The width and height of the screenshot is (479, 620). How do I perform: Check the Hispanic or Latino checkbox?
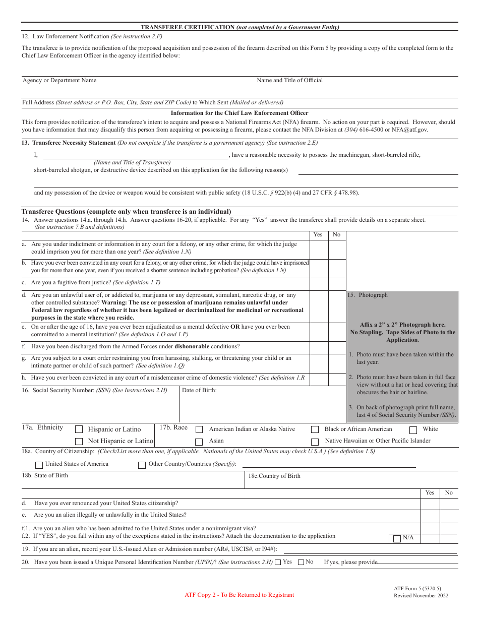79,429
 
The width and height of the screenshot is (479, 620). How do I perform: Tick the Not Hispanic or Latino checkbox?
79,441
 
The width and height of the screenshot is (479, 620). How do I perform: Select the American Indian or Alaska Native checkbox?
199,429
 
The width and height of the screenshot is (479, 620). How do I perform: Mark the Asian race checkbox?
199,441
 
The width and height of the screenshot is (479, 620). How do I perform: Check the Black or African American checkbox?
315,429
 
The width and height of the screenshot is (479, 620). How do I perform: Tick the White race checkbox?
413,430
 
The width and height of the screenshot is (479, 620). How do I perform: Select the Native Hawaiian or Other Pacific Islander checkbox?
315,441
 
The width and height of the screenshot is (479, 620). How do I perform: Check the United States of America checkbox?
39,464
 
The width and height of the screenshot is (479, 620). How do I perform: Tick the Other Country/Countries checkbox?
142,464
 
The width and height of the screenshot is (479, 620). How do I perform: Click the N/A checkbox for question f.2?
397,538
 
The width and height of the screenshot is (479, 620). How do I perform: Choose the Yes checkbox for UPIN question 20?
278,562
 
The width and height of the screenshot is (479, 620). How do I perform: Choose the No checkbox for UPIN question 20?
301,562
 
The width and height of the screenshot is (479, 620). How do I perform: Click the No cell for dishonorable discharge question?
337,348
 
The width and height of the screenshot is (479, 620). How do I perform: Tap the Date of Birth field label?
199,390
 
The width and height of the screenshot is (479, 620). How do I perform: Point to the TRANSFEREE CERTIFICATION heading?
187,27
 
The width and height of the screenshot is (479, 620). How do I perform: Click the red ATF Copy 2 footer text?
239,595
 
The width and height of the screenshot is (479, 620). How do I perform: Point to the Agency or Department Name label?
59,81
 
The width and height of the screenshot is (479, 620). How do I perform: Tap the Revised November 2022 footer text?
421,596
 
